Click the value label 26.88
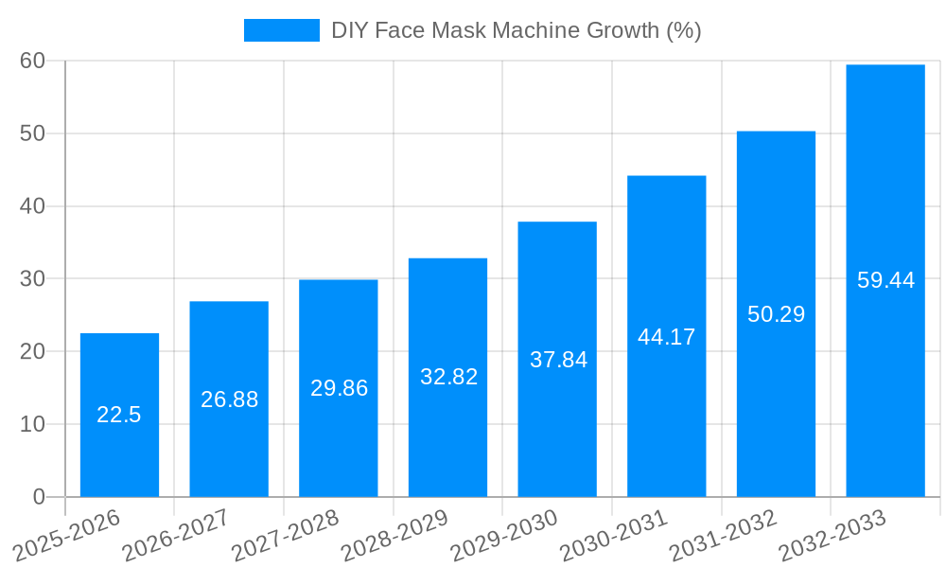[229, 399]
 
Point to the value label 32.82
[448, 377]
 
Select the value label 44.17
[667, 337]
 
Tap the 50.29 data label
[776, 314]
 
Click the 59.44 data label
[885, 280]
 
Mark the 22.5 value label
[119, 415]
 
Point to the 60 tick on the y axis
[33, 61]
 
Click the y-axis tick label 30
[33, 278]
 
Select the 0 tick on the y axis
[39, 497]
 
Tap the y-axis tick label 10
[33, 424]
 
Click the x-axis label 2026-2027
[176, 535]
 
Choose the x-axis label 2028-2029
[394, 535]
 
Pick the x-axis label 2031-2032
[723, 535]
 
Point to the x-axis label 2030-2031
[614, 535]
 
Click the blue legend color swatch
[282, 30]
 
